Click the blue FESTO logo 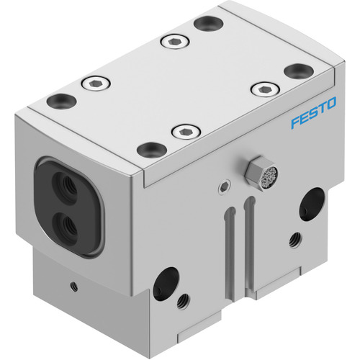[314, 112]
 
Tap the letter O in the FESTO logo [330, 104]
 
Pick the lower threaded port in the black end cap [66, 225]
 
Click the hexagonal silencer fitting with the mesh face [261, 174]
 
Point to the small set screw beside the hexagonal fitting [225, 186]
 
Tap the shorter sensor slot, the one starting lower [230, 253]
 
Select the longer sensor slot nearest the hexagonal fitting [249, 245]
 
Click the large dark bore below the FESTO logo [311, 204]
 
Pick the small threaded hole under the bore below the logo [295, 240]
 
